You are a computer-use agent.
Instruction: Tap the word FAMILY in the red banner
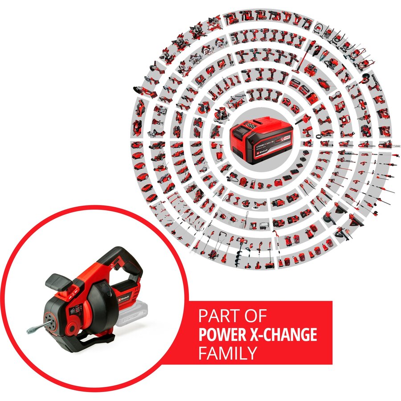click(228, 353)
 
